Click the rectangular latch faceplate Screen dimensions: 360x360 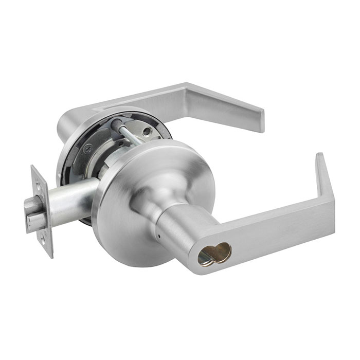pos(42,211)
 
